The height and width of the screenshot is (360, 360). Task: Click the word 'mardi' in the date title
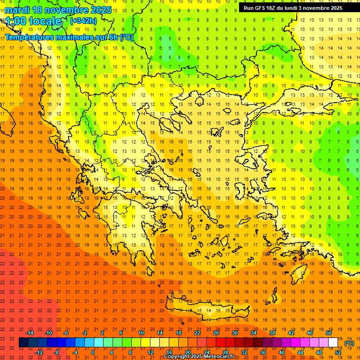pos(17,10)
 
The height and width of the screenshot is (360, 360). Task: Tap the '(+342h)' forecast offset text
pos(84,21)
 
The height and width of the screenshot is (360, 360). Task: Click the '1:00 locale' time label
pos(34,21)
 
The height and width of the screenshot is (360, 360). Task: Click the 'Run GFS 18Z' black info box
pos(292,8)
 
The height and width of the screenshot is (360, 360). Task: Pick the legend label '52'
pos(337,352)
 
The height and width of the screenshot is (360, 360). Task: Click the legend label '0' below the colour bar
pos(93,352)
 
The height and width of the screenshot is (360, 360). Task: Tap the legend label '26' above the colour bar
pos(216,333)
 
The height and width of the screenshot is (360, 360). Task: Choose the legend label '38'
pos(272,333)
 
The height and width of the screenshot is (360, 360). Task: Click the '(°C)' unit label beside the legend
pos(349,343)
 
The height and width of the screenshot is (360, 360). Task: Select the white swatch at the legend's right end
pos(333,343)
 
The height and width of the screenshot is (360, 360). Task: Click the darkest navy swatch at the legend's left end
pos(23,343)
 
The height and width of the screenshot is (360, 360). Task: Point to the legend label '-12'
pos(39,352)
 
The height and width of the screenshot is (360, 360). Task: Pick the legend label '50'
pos(328,333)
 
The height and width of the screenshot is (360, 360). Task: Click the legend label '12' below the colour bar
pos(150,352)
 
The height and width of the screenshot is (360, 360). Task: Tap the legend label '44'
pos(300,352)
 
